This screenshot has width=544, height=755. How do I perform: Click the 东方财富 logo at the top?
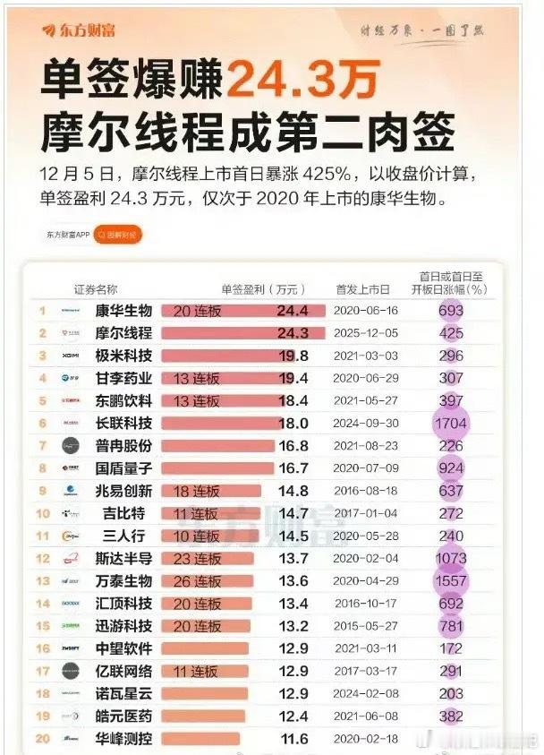(74, 30)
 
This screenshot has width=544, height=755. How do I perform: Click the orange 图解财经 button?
(117, 236)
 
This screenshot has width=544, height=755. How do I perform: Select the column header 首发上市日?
(363, 289)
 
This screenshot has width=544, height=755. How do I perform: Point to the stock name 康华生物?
(123, 311)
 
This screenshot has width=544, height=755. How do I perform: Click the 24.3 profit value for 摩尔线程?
(293, 333)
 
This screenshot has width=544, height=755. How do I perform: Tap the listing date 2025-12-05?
(365, 333)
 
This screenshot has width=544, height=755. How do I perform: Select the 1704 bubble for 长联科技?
(451, 423)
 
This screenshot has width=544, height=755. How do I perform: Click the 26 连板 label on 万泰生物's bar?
(196, 580)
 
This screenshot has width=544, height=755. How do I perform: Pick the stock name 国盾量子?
(123, 468)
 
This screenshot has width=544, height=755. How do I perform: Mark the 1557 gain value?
(451, 580)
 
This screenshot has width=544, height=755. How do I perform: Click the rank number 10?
(42, 513)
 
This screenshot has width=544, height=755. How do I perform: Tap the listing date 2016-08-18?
(365, 490)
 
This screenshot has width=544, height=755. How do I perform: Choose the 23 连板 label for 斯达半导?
(196, 558)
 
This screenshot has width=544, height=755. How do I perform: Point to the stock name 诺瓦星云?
(123, 693)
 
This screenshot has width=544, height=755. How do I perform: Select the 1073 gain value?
(451, 558)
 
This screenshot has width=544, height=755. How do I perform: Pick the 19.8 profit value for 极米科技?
(293, 356)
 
